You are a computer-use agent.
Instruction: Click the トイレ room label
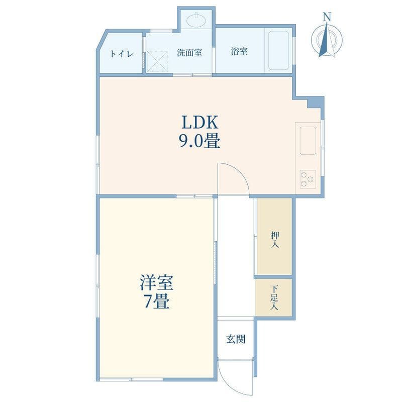coord(122,54)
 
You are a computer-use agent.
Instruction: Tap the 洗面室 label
coord(189,53)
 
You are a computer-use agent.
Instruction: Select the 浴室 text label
coord(239,52)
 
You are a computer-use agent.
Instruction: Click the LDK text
coord(199,122)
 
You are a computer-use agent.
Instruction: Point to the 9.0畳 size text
coord(199,141)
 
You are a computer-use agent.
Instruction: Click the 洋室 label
coord(157,282)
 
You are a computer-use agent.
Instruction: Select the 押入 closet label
coord(275,240)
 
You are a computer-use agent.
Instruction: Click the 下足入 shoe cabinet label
coord(274,298)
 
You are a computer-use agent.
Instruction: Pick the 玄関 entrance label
coord(236,339)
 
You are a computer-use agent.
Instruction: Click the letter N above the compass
coord(326,18)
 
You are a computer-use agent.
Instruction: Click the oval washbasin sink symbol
coord(196,20)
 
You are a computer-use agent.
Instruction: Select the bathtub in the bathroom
coord(279,50)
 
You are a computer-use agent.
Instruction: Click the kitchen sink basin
coord(308,141)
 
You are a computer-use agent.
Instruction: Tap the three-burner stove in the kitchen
coord(308,179)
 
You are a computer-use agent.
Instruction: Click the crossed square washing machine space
coord(157,61)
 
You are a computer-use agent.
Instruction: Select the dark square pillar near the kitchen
coord(316,103)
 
